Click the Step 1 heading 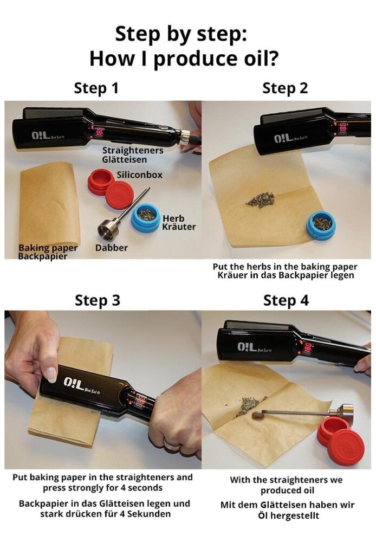tap(96, 88)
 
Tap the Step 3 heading tap(97, 300)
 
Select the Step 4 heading tap(286, 300)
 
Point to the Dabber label tap(112, 248)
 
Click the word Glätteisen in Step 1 tap(124, 159)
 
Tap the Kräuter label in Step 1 tap(179, 226)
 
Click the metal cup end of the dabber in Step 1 tap(108, 230)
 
